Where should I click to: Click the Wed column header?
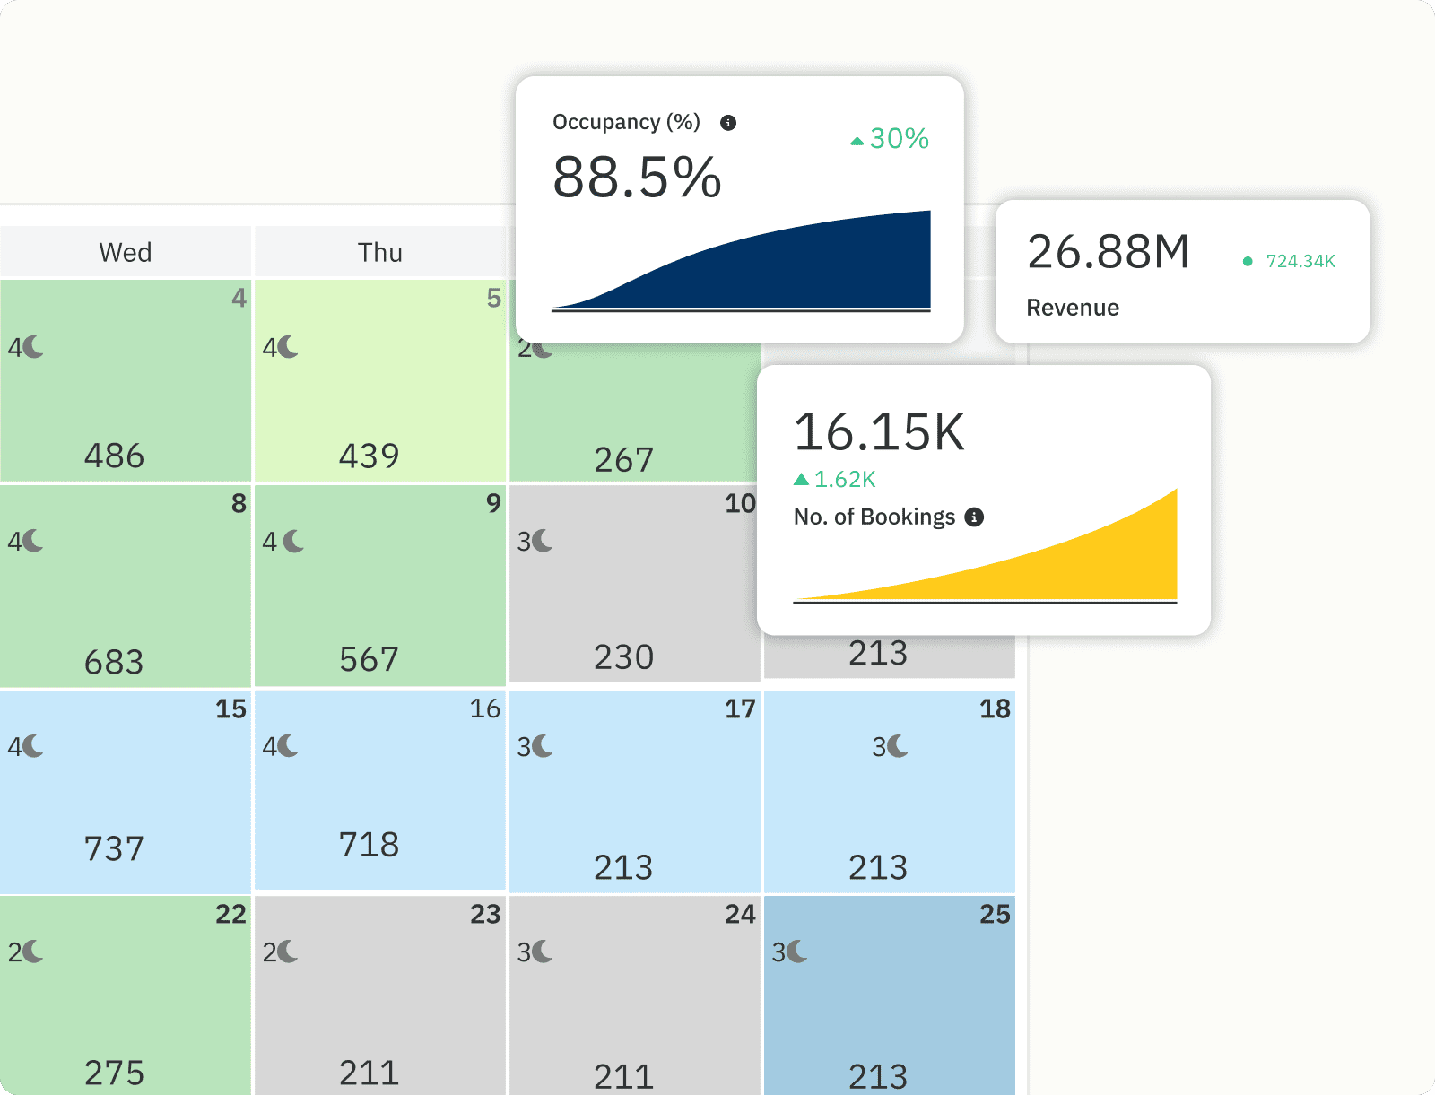tap(126, 252)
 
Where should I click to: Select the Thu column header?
tap(380, 252)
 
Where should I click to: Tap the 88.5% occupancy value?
tap(637, 177)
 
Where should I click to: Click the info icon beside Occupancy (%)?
tap(728, 123)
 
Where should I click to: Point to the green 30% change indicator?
tap(891, 139)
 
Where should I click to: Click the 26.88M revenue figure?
tap(1109, 252)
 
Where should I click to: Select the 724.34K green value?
tap(1300, 261)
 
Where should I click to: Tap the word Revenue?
tap(1073, 308)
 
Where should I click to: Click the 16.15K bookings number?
tap(879, 432)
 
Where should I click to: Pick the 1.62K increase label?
tap(836, 480)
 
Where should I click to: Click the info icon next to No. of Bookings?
tap(974, 517)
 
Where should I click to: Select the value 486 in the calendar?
tap(115, 456)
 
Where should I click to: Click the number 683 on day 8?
tap(115, 662)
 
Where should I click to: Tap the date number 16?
tap(485, 708)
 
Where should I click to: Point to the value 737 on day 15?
tap(115, 848)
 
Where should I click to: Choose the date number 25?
tap(995, 914)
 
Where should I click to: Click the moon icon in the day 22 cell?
tap(33, 952)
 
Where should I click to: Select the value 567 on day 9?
tap(370, 659)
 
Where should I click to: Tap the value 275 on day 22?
tap(115, 1073)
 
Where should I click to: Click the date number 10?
tap(740, 503)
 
